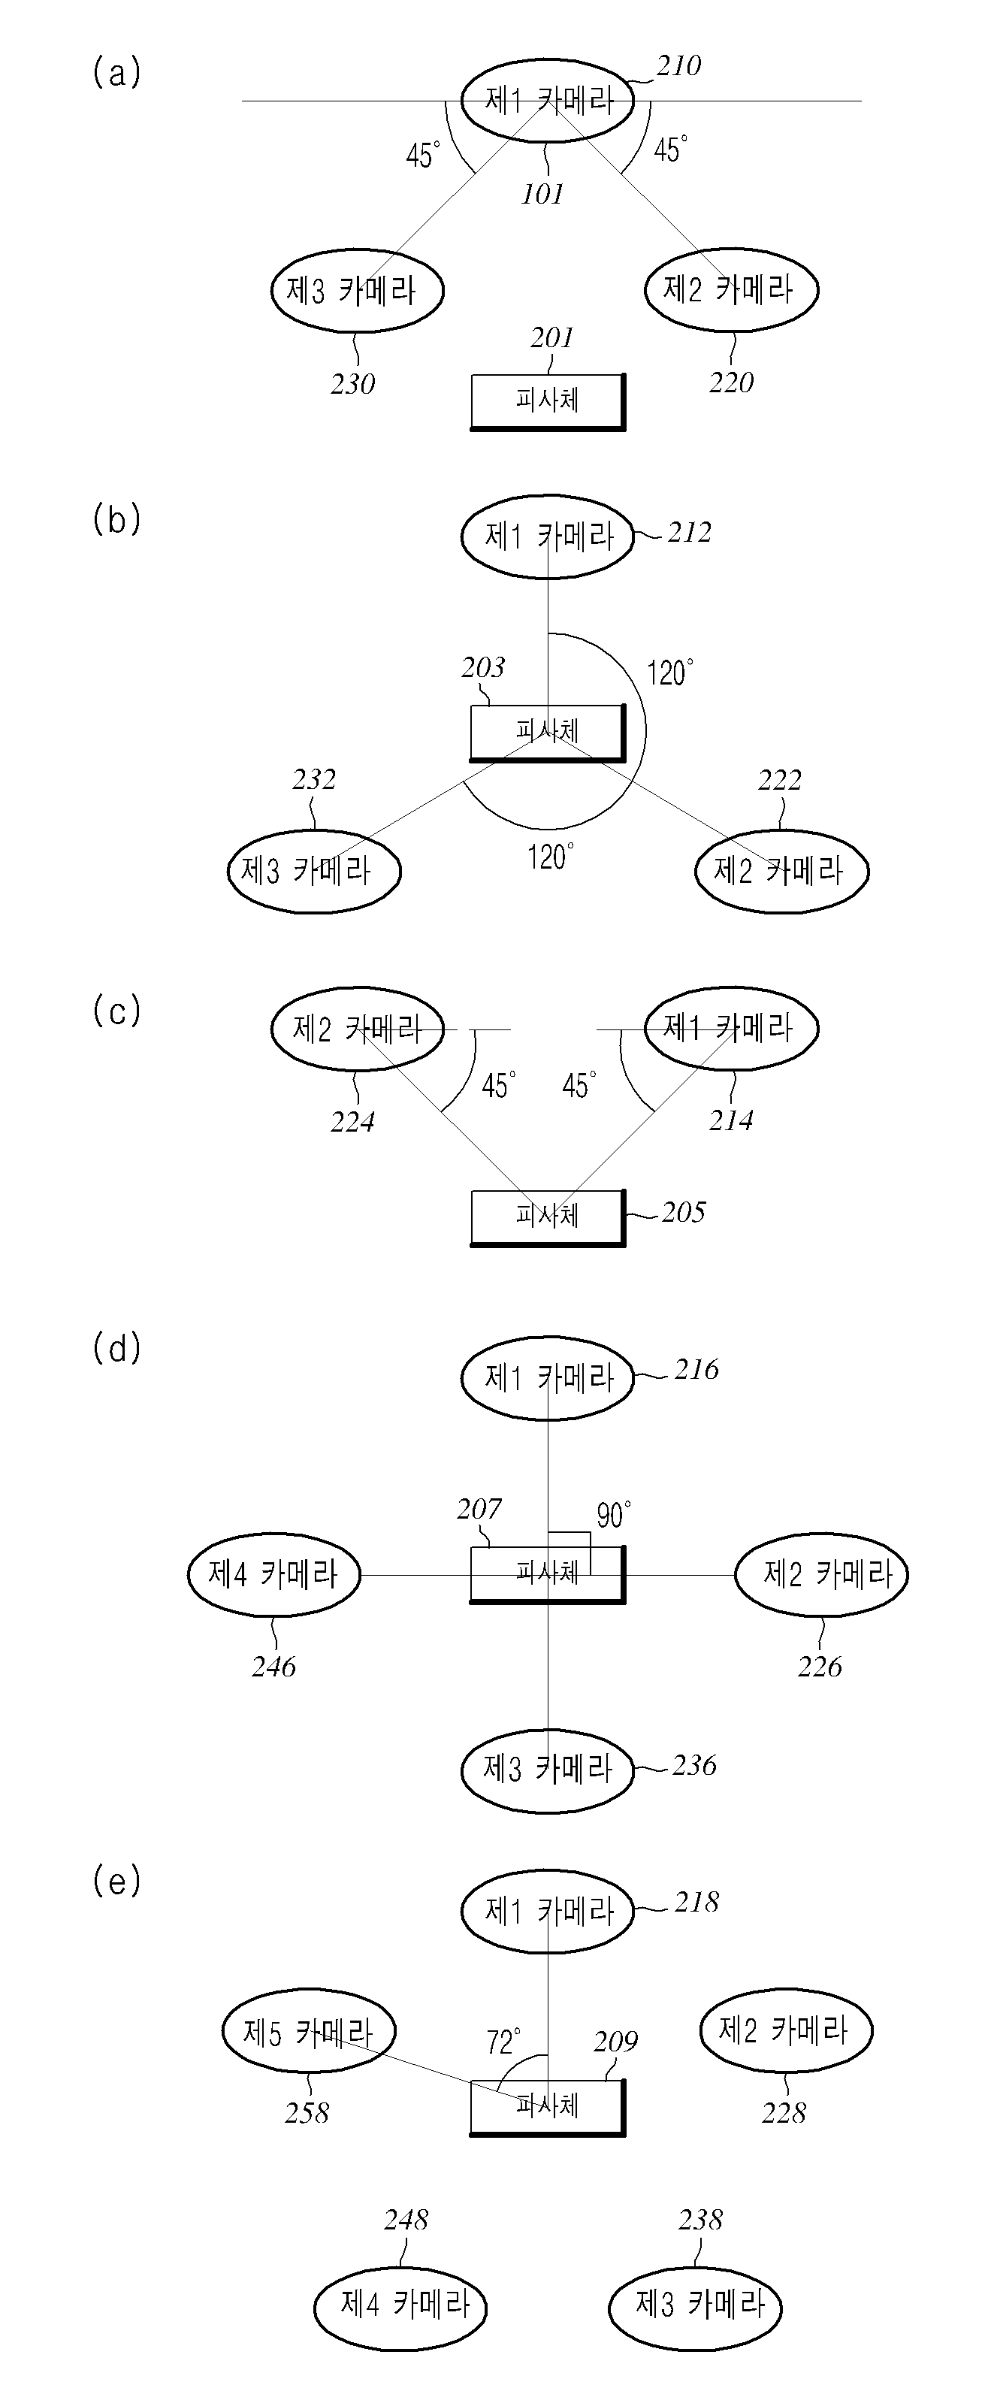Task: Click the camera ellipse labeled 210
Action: point(547,99)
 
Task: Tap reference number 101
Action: point(542,195)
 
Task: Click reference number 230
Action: point(353,384)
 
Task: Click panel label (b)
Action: point(116,520)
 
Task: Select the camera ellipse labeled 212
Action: point(547,536)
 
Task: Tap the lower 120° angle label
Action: point(551,857)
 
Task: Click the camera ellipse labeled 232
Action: point(314,871)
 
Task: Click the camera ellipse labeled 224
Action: point(358,1029)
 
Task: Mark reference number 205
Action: point(684,1213)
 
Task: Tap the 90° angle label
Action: point(614,1515)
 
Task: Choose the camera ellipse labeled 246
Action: point(274,1574)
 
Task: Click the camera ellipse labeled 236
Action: point(547,1770)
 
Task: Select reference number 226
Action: point(820,1667)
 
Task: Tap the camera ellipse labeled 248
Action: point(400,2305)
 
